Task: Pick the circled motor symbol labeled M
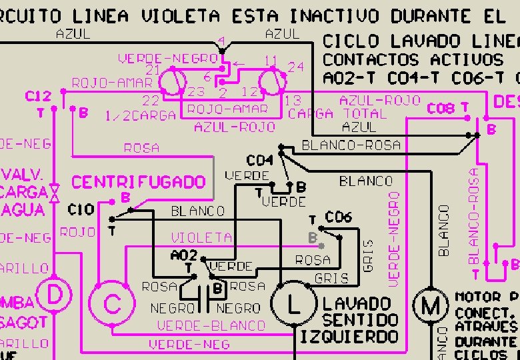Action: coord(431,307)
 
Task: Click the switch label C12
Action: coord(38,97)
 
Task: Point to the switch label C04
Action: coord(260,161)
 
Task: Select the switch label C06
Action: coord(338,217)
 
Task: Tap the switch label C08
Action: coord(440,108)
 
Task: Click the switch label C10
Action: coord(81,210)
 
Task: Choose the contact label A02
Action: coord(184,255)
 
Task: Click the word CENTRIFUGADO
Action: coord(139,182)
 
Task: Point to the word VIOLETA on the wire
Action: coord(201,237)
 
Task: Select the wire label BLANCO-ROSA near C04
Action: coord(351,145)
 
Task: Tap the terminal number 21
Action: coord(153,70)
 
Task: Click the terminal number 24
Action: coord(296,67)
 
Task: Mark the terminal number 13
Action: coord(293,101)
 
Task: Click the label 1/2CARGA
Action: coord(140,115)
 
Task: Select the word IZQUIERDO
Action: coord(349,337)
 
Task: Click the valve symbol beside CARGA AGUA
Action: coord(55,193)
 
